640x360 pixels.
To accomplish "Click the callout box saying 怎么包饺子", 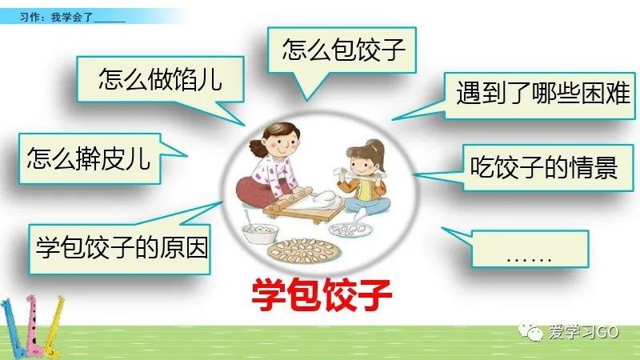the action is coord(342,50).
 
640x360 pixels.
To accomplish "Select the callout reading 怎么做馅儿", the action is coord(160,79).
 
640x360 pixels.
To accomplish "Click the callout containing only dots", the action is coord(530,249).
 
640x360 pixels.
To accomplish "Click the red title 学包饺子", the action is coord(322,294).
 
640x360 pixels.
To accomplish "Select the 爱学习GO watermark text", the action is coord(584,333).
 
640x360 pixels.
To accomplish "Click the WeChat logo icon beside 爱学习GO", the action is coord(531,332).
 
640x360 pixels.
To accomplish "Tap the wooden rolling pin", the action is coord(292,199).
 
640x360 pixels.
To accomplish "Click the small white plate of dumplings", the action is coord(350,230).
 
